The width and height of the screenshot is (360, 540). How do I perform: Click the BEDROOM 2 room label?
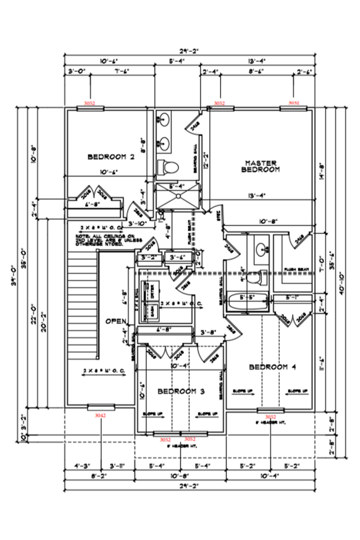coord(111,157)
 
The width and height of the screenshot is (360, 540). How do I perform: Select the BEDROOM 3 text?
coord(180,391)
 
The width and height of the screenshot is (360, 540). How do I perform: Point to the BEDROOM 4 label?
coord(272,367)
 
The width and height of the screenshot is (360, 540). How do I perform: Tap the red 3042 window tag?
coord(100,416)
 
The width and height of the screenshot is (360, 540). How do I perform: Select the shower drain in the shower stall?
coord(179,196)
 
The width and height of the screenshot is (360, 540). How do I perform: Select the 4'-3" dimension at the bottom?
coord(83,466)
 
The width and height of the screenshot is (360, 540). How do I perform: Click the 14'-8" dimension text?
coord(322,170)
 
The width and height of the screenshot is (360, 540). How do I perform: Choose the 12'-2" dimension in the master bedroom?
coord(206,161)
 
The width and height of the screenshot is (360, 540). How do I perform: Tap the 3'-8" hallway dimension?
coord(208,332)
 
